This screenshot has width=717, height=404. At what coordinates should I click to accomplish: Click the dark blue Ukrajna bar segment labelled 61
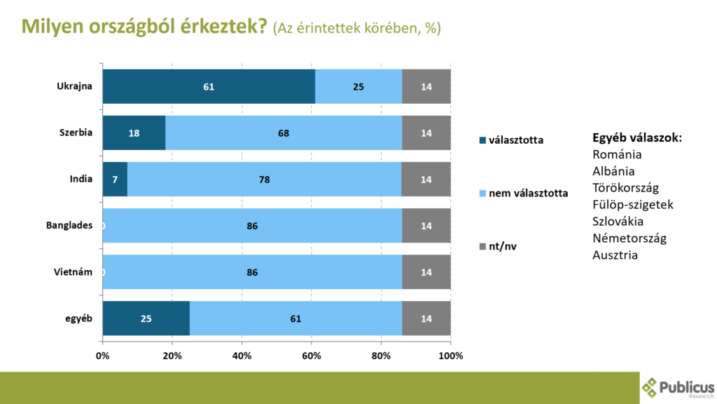point(209,87)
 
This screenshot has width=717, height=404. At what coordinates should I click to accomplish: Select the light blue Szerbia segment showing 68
point(284,133)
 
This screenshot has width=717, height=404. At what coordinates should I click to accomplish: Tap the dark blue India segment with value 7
point(115,180)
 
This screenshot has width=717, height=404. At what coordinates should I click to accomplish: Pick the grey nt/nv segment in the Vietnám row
point(426,272)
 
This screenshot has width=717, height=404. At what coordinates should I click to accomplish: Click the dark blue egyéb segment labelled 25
point(146,318)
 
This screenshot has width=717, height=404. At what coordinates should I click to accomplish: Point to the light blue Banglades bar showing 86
point(252,226)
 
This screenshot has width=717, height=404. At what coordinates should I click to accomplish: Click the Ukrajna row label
point(75,87)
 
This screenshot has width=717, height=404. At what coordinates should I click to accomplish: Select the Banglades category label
point(70,226)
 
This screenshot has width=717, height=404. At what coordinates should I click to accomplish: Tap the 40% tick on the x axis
point(242,356)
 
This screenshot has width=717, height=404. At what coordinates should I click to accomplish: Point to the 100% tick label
point(450,356)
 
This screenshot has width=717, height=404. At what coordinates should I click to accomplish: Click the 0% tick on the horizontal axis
point(102,356)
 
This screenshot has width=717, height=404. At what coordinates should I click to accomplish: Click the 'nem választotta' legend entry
point(527,193)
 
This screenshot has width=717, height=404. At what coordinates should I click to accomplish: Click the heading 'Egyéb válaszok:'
point(637,138)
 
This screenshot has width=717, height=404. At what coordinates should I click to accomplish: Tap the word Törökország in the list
point(625,188)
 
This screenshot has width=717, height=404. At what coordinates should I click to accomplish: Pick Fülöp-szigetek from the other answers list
point(632,205)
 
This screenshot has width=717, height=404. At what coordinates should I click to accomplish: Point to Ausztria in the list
point(615,255)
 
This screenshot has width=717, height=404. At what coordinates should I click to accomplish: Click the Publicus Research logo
point(678,387)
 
